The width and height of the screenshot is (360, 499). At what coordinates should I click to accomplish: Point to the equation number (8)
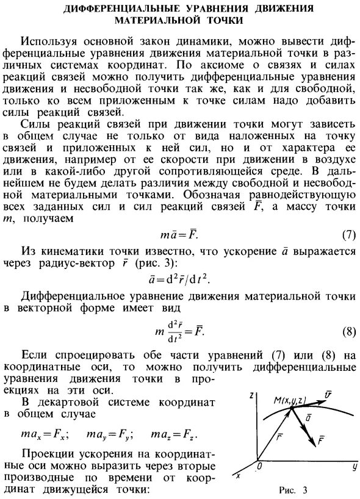tap(347, 332)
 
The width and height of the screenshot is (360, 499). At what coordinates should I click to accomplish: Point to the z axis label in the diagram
tap(251, 396)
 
